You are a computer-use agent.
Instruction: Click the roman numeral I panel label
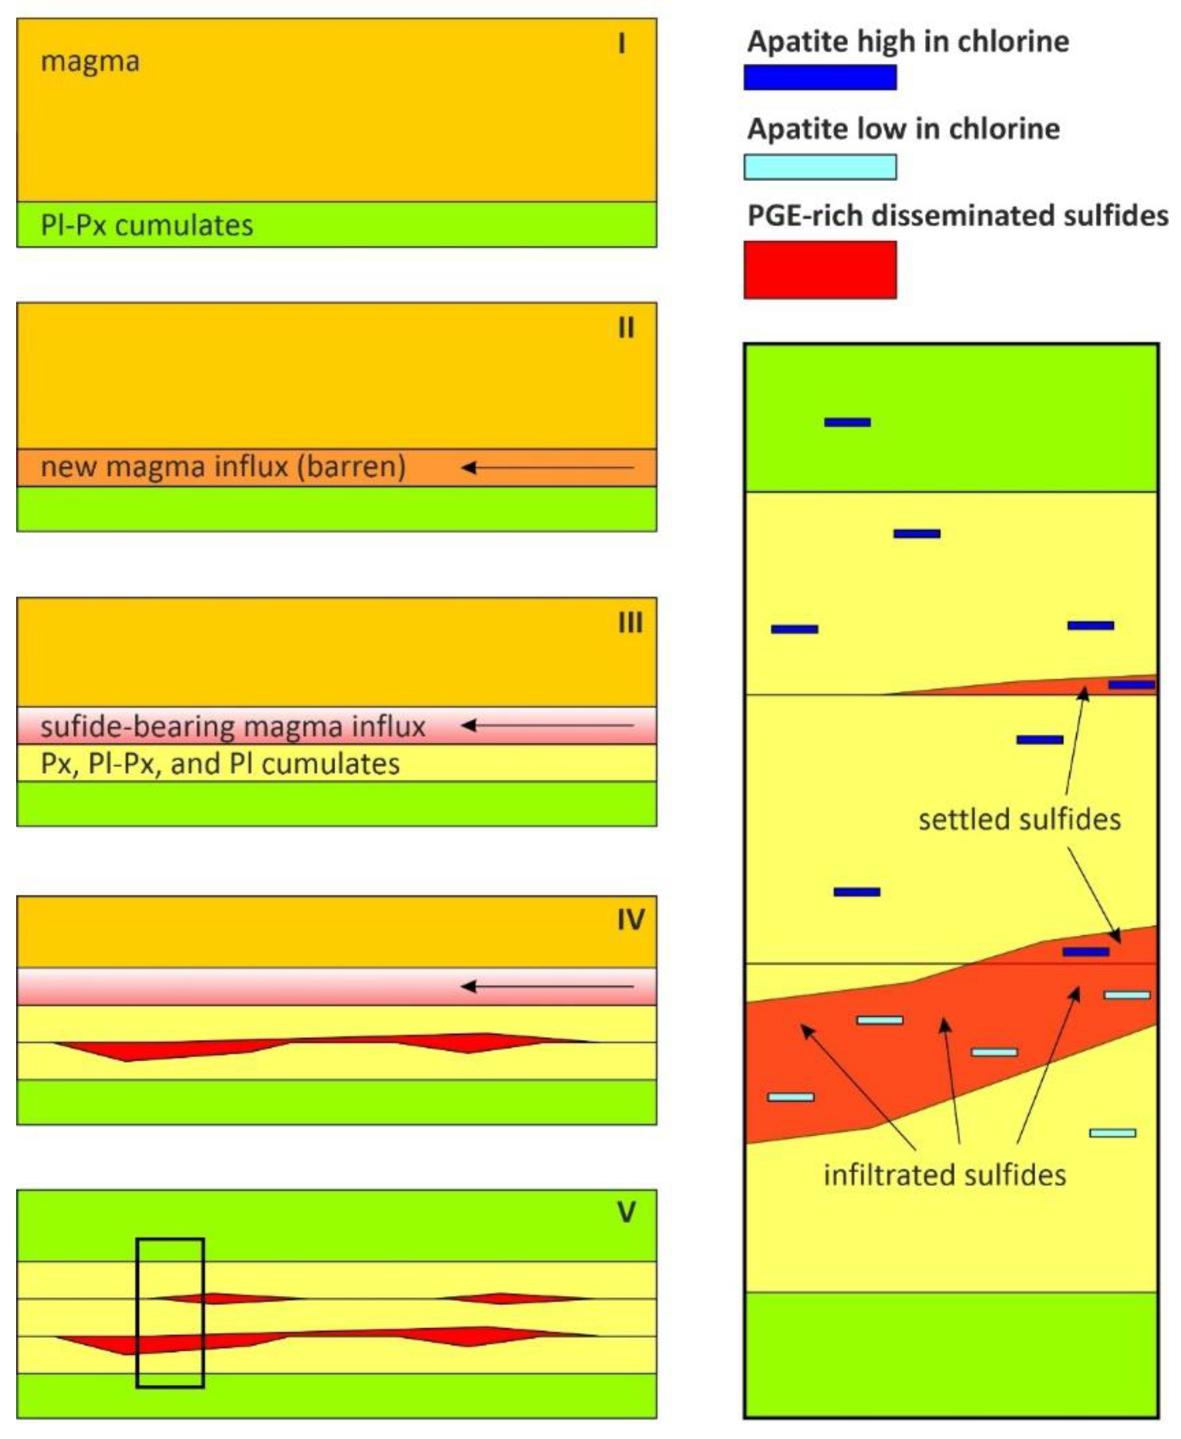point(621,44)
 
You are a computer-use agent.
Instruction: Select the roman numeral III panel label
point(630,622)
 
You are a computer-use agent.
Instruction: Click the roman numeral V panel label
point(626,1212)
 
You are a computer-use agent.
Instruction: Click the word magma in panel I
point(90,62)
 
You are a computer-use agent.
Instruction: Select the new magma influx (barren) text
point(223,467)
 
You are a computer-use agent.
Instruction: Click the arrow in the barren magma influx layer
point(548,467)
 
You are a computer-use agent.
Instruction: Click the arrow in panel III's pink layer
point(548,726)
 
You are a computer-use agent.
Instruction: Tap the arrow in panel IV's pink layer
point(548,986)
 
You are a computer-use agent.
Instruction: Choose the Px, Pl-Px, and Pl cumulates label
point(220,763)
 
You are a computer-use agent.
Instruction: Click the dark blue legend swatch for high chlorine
point(820,77)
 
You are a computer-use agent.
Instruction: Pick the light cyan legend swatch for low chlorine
point(820,167)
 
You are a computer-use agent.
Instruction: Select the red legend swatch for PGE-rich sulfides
point(820,269)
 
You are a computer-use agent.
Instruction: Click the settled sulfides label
point(1019,820)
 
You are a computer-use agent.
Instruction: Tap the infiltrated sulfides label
point(944,1175)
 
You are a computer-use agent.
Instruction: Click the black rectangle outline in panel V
point(137,1313)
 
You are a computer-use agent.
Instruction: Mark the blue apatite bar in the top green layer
point(847,422)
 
